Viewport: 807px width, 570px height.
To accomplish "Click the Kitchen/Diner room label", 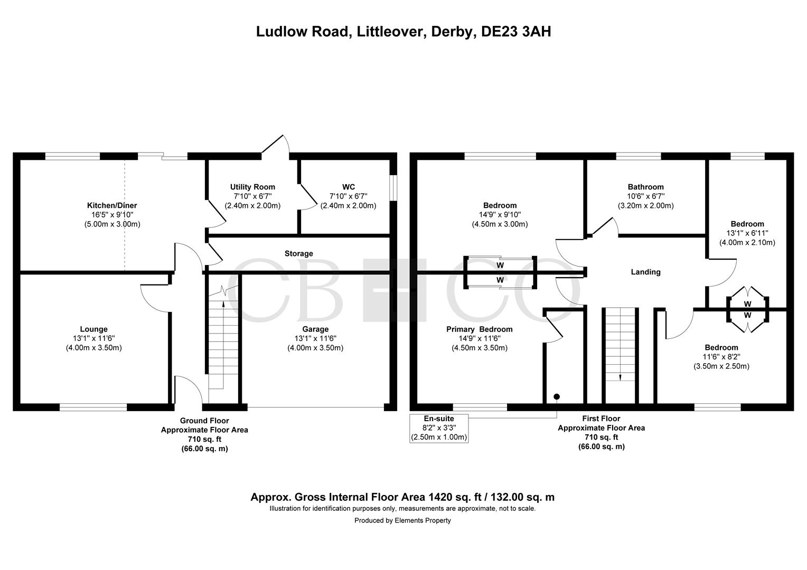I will click(x=112, y=205).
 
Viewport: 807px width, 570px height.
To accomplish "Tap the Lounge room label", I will click(x=93, y=329).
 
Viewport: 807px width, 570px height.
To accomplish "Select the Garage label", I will click(x=315, y=329).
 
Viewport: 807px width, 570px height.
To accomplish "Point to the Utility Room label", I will click(x=252, y=187).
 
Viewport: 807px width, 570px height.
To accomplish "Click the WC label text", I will click(x=348, y=187).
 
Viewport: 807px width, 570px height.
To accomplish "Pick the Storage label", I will click(x=298, y=254).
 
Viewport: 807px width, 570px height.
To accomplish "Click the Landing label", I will click(x=645, y=272).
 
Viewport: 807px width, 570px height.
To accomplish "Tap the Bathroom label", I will click(x=645, y=187).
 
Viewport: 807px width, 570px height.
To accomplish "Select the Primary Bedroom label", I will click(x=479, y=329).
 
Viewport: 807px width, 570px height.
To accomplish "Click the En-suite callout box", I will click(x=439, y=428).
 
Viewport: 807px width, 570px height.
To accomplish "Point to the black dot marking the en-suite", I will click(x=557, y=396).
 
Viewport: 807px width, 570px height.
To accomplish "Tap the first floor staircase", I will click(x=620, y=343).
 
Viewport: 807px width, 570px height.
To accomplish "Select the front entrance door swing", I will click(x=189, y=389).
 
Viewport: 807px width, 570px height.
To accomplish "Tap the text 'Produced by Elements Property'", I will click(x=402, y=520).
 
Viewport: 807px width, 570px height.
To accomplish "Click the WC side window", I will click(x=393, y=187).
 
